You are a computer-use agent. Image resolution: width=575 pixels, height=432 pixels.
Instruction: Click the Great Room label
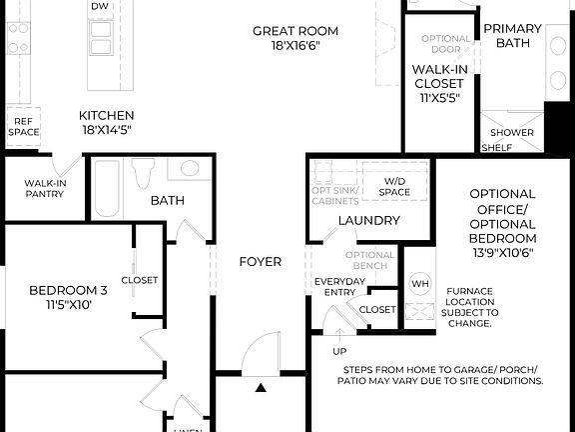coord(294,31)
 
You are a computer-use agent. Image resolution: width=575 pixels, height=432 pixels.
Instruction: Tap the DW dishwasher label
coord(100,6)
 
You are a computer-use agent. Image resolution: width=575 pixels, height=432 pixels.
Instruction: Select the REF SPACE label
coord(25,126)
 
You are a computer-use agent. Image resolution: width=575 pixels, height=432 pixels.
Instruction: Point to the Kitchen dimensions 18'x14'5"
coord(107,129)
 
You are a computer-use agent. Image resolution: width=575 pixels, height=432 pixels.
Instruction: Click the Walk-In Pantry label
coord(45,188)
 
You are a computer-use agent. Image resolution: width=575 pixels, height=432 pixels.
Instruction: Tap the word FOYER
coord(260,262)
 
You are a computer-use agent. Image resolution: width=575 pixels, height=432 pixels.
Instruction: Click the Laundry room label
coord(368,220)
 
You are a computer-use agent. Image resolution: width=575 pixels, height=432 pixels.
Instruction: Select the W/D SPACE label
coord(393,186)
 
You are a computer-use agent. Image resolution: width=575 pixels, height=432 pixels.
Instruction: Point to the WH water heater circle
coord(419,283)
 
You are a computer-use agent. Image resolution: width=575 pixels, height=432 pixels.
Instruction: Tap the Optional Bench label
coord(370,260)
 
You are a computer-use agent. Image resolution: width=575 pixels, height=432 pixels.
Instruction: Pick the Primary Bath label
coord(513,36)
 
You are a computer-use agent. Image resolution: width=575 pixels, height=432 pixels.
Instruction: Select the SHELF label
coord(497,148)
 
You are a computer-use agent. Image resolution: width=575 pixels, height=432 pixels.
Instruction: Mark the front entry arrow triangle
coord(261,387)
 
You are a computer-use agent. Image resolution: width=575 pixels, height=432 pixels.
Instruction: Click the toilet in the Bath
coord(144,173)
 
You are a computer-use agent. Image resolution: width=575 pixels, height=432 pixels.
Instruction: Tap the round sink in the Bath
coord(190,168)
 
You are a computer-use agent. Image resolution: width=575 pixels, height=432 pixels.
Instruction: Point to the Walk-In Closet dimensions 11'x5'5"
coord(439,98)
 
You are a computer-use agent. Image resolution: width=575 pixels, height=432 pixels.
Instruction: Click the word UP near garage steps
coord(339,352)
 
